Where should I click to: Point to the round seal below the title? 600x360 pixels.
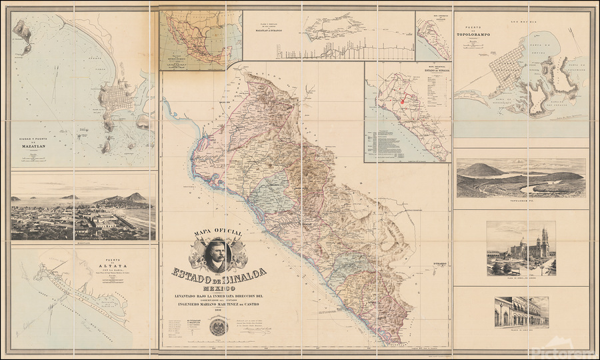[x=217, y=327]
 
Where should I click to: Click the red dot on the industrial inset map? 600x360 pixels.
[x=403, y=103]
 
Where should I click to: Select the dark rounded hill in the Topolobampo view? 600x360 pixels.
[x=481, y=170]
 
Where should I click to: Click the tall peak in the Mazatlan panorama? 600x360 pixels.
[x=137, y=197]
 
